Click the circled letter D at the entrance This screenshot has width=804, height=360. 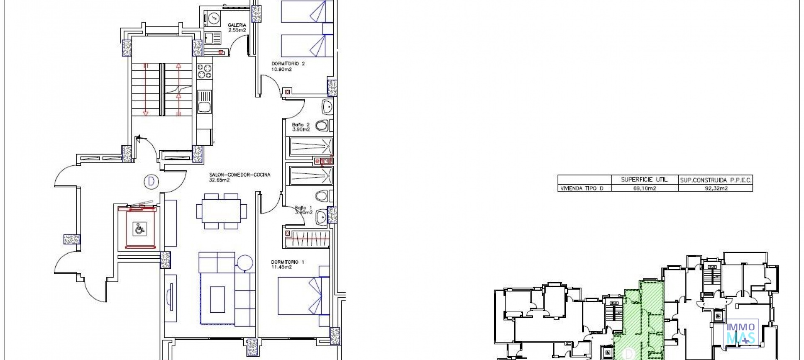(x=151, y=182)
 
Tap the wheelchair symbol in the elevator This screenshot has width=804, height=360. (x=139, y=229)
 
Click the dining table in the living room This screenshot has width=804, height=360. (x=222, y=211)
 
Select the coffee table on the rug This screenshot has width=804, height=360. (x=217, y=299)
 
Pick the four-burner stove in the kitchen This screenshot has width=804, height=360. (x=205, y=71)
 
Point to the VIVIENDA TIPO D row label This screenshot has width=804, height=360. (x=582, y=188)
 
